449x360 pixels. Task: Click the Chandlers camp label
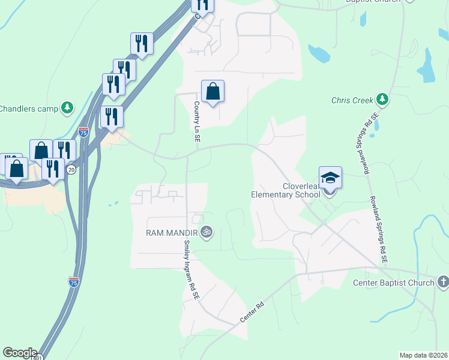point(28,109)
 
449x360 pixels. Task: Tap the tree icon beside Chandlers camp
point(68,109)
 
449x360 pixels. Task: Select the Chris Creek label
point(352,100)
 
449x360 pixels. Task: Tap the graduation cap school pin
point(330,178)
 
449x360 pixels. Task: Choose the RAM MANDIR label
point(173,232)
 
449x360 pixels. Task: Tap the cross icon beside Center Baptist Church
point(443,281)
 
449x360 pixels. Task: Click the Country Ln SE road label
point(196,121)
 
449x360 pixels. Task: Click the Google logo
point(19,353)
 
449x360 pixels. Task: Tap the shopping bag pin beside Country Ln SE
point(212,92)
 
